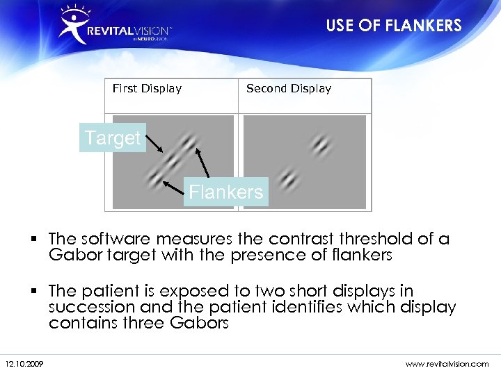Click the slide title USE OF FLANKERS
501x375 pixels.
tap(394, 26)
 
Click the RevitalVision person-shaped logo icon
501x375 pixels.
tap(73, 25)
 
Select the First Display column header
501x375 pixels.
tap(147, 88)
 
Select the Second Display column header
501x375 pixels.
tap(289, 88)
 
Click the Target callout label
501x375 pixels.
tap(113, 138)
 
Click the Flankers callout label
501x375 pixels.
tap(226, 192)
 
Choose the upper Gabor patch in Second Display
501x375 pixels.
tap(320, 145)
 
